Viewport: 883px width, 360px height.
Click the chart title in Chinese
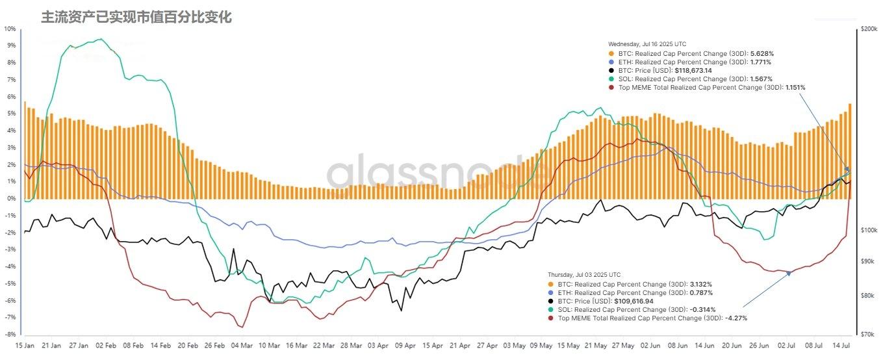tap(136, 17)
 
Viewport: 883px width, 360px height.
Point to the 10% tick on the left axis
tap(10, 29)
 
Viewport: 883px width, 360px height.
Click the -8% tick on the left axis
tap(10, 334)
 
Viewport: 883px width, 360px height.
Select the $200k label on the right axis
tap(868, 30)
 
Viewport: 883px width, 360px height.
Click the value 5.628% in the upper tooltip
tap(761, 54)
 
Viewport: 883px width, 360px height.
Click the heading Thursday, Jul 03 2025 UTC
tap(584, 275)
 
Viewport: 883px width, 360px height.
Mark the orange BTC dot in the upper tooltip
tap(611, 54)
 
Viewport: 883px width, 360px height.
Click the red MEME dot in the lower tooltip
tap(551, 318)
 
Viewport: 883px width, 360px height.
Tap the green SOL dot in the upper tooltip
tap(611, 79)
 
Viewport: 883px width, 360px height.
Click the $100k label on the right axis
tap(868, 231)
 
